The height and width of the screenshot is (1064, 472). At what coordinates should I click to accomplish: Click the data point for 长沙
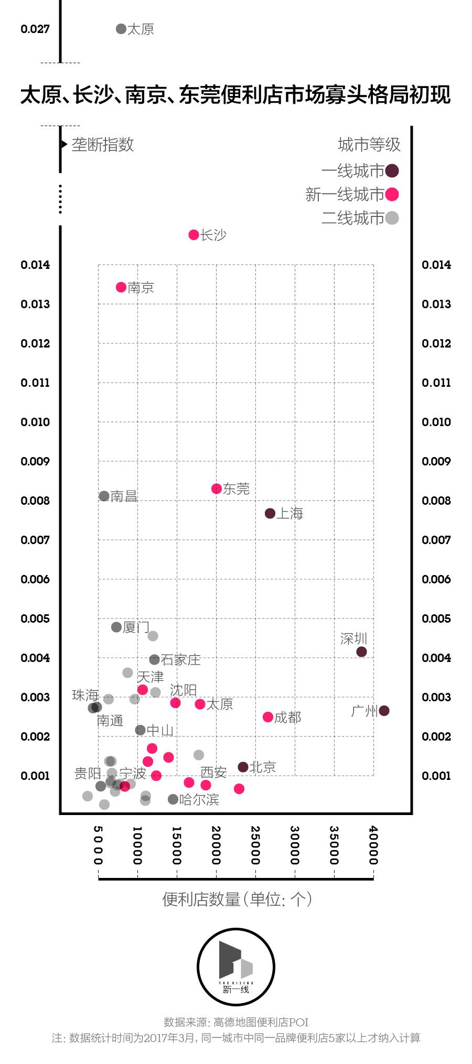click(x=194, y=235)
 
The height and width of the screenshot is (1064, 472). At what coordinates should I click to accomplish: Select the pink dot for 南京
click(x=121, y=287)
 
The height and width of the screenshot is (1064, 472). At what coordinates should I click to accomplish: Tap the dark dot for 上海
click(x=270, y=513)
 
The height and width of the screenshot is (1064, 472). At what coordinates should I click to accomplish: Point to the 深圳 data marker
click(x=361, y=652)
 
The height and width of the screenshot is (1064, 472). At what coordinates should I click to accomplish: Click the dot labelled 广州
click(x=384, y=711)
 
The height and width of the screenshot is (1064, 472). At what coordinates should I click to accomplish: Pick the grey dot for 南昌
click(x=104, y=496)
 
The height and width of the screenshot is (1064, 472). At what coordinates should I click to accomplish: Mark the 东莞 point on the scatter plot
click(x=216, y=488)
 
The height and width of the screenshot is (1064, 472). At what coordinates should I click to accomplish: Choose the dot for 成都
click(x=267, y=716)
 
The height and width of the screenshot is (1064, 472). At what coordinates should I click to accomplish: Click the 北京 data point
click(x=243, y=767)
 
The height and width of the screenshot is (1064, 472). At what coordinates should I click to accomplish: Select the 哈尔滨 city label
click(x=199, y=799)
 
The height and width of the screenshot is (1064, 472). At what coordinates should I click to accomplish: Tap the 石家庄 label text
click(x=181, y=660)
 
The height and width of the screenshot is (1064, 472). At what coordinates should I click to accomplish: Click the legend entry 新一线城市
click(x=352, y=194)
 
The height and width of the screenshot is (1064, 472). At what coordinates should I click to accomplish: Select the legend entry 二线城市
click(x=360, y=218)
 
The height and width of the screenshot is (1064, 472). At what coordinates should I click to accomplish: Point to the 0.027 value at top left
click(x=35, y=29)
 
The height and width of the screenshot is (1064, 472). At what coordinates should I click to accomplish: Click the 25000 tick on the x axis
click(x=255, y=845)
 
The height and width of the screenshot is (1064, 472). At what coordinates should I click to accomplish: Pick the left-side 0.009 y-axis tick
click(x=35, y=461)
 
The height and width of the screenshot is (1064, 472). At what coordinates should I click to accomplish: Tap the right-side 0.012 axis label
click(x=436, y=343)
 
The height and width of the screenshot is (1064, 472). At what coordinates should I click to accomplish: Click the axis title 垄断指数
click(x=103, y=145)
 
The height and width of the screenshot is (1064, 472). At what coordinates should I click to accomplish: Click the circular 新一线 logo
click(x=236, y=967)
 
